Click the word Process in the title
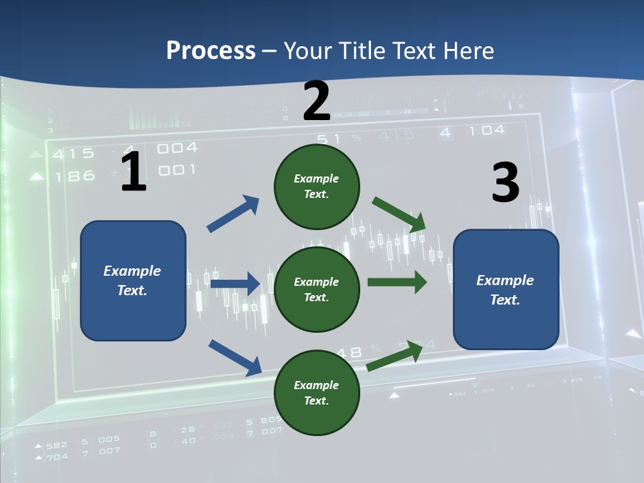[211, 51]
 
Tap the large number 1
[133, 172]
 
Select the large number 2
[317, 101]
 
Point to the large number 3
[505, 182]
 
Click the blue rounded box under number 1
[133, 280]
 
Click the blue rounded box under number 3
[506, 290]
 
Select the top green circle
[317, 186]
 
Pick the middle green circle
[317, 290]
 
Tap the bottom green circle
[317, 393]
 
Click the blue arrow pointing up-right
[233, 214]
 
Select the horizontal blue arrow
[235, 284]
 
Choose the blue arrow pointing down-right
[235, 357]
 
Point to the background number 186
[74, 176]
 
